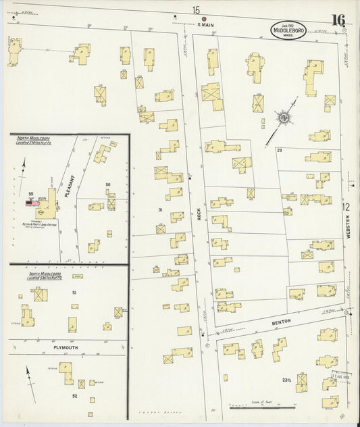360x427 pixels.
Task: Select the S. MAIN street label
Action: click(205, 26)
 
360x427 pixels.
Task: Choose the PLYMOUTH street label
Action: click(66, 347)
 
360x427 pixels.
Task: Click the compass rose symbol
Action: click(285, 119)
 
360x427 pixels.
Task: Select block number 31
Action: click(160, 210)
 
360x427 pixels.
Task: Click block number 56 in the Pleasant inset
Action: click(107, 184)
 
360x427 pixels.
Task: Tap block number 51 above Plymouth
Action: click(74, 293)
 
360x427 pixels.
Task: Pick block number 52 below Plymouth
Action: click(74, 395)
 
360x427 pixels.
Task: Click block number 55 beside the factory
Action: click(31, 194)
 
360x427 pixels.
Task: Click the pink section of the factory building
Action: click(30, 202)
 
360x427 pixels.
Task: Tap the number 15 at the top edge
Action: click(196, 9)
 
